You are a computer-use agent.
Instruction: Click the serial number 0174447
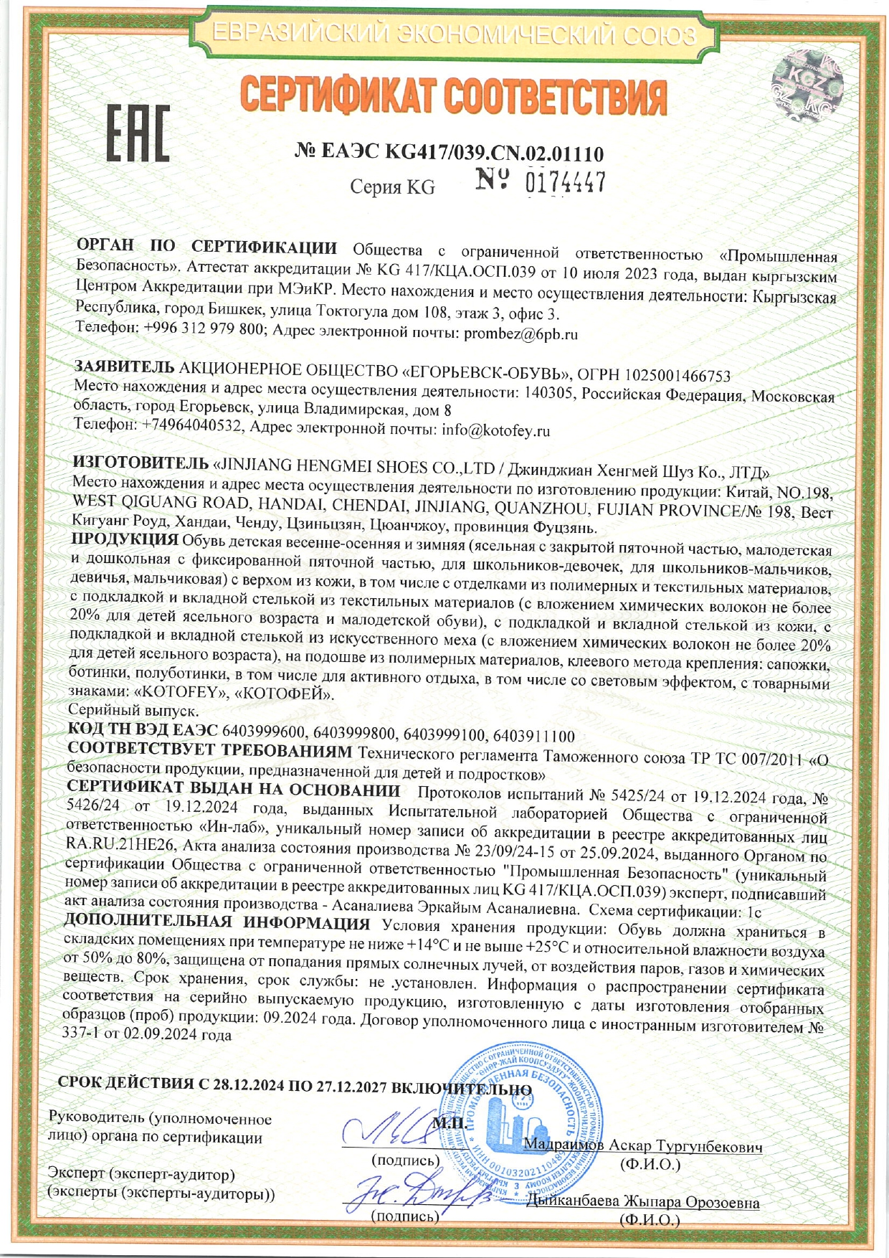point(566,182)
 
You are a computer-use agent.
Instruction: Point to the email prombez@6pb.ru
point(520,334)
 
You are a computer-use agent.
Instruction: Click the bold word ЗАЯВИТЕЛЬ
point(124,367)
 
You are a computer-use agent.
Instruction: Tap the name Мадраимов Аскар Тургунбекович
point(642,1145)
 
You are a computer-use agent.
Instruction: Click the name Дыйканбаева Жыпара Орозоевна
point(642,1202)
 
